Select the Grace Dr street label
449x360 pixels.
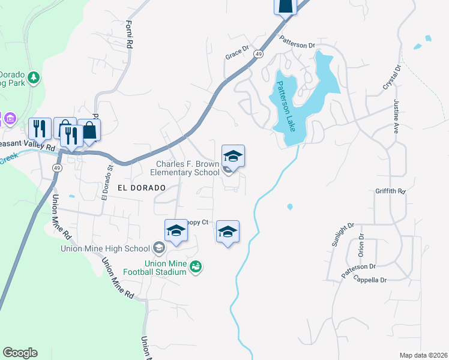click(237, 53)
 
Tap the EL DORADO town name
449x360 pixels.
click(141, 188)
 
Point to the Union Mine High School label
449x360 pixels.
click(105, 248)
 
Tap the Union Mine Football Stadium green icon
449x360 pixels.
click(195, 266)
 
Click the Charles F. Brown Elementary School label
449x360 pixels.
click(188, 169)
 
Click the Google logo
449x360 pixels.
click(20, 353)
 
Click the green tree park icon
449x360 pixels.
click(35, 77)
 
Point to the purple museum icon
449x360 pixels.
click(10, 118)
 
